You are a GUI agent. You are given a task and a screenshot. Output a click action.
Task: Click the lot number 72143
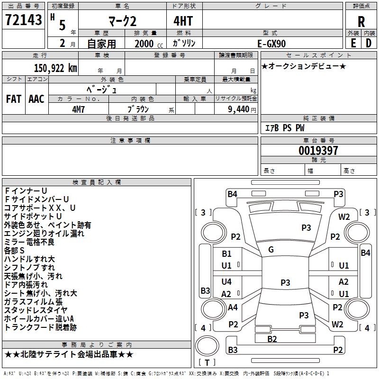23,20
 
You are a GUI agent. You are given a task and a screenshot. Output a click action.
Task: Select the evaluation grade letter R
361,22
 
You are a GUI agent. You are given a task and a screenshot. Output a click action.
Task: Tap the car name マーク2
123,21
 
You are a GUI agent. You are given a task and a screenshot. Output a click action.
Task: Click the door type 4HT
183,21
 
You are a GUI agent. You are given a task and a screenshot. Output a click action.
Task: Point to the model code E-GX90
271,44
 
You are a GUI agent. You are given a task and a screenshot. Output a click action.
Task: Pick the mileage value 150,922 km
55,68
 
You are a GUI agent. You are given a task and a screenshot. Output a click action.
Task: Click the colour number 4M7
78,109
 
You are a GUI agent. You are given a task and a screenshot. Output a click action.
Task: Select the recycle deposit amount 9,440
239,109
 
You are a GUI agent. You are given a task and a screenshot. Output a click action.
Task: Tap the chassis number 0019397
318,150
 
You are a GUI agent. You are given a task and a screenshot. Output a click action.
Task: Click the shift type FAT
14,99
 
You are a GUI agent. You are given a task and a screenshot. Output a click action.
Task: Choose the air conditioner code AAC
36,99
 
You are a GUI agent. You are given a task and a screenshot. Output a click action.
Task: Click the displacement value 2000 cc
149,44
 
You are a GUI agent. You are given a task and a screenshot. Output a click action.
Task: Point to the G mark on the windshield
271,250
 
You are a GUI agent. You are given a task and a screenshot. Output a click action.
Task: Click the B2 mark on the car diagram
272,339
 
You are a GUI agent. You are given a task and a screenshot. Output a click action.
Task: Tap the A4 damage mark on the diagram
233,307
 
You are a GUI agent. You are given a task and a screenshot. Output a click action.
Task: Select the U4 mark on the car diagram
226,281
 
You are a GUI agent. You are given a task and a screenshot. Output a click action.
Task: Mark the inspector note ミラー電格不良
29,242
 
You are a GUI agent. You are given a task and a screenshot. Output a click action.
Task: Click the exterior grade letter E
353,43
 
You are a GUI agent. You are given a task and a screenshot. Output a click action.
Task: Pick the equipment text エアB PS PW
285,128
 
